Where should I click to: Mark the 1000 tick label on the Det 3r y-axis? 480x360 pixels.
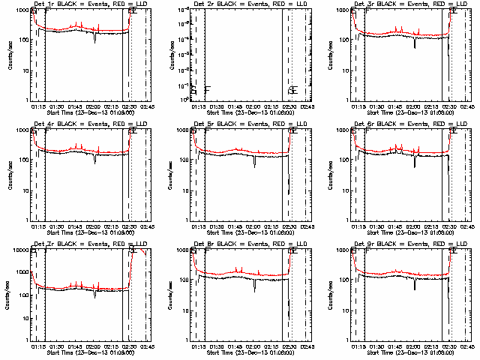341,10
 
